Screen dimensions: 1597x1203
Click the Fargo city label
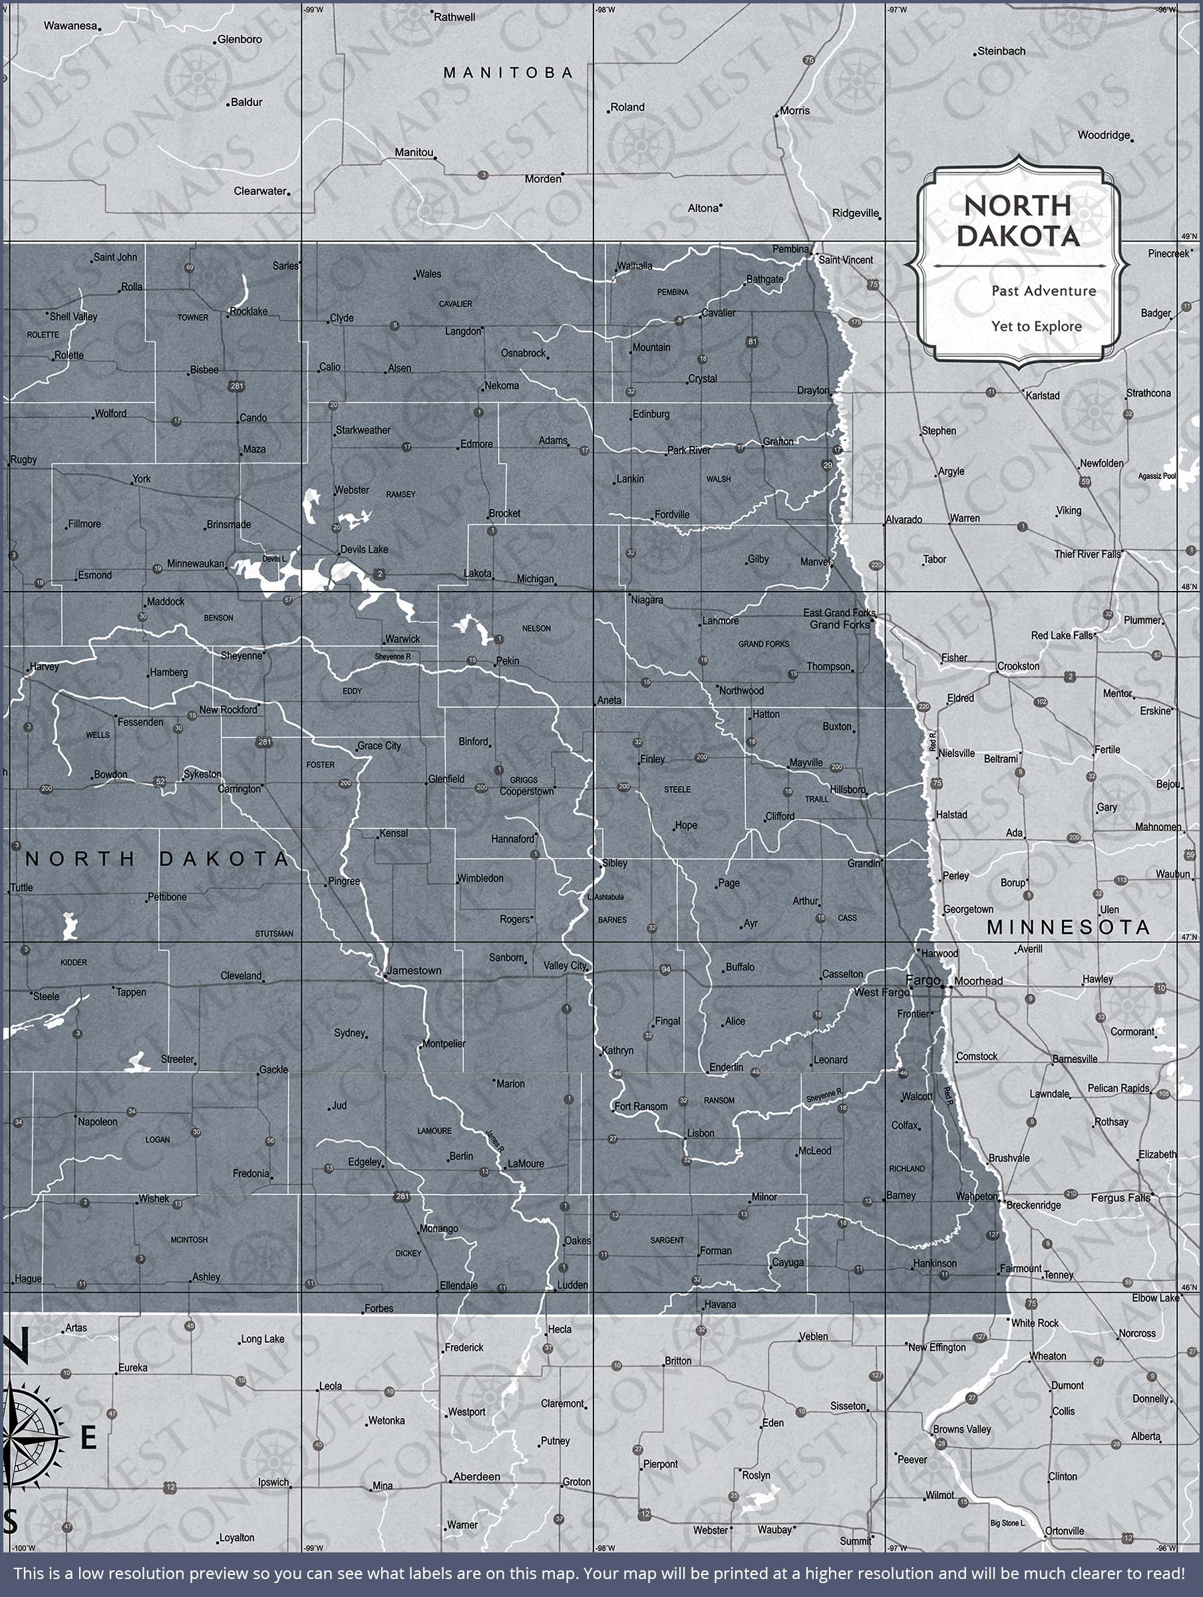[923, 979]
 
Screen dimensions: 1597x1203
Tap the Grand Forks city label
[840, 625]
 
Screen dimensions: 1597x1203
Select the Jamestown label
[415, 970]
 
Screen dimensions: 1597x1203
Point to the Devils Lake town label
[364, 550]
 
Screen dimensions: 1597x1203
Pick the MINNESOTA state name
[1068, 928]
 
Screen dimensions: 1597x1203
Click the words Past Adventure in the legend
[1043, 291]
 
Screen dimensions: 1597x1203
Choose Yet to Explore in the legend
[1036, 326]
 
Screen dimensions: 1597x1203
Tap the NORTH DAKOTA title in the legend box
[1018, 221]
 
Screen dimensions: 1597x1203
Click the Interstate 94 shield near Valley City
[666, 970]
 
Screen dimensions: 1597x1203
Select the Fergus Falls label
[1120, 1198]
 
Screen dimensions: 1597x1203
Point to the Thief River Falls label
[1087, 554]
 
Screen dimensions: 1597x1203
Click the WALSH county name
[719, 478]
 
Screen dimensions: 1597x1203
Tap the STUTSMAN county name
[274, 934]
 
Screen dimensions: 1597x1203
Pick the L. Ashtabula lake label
[606, 897]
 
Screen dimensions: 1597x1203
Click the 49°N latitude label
[1188, 236]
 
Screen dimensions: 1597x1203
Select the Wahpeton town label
[976, 1196]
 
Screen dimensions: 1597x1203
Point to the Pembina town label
[790, 249]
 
